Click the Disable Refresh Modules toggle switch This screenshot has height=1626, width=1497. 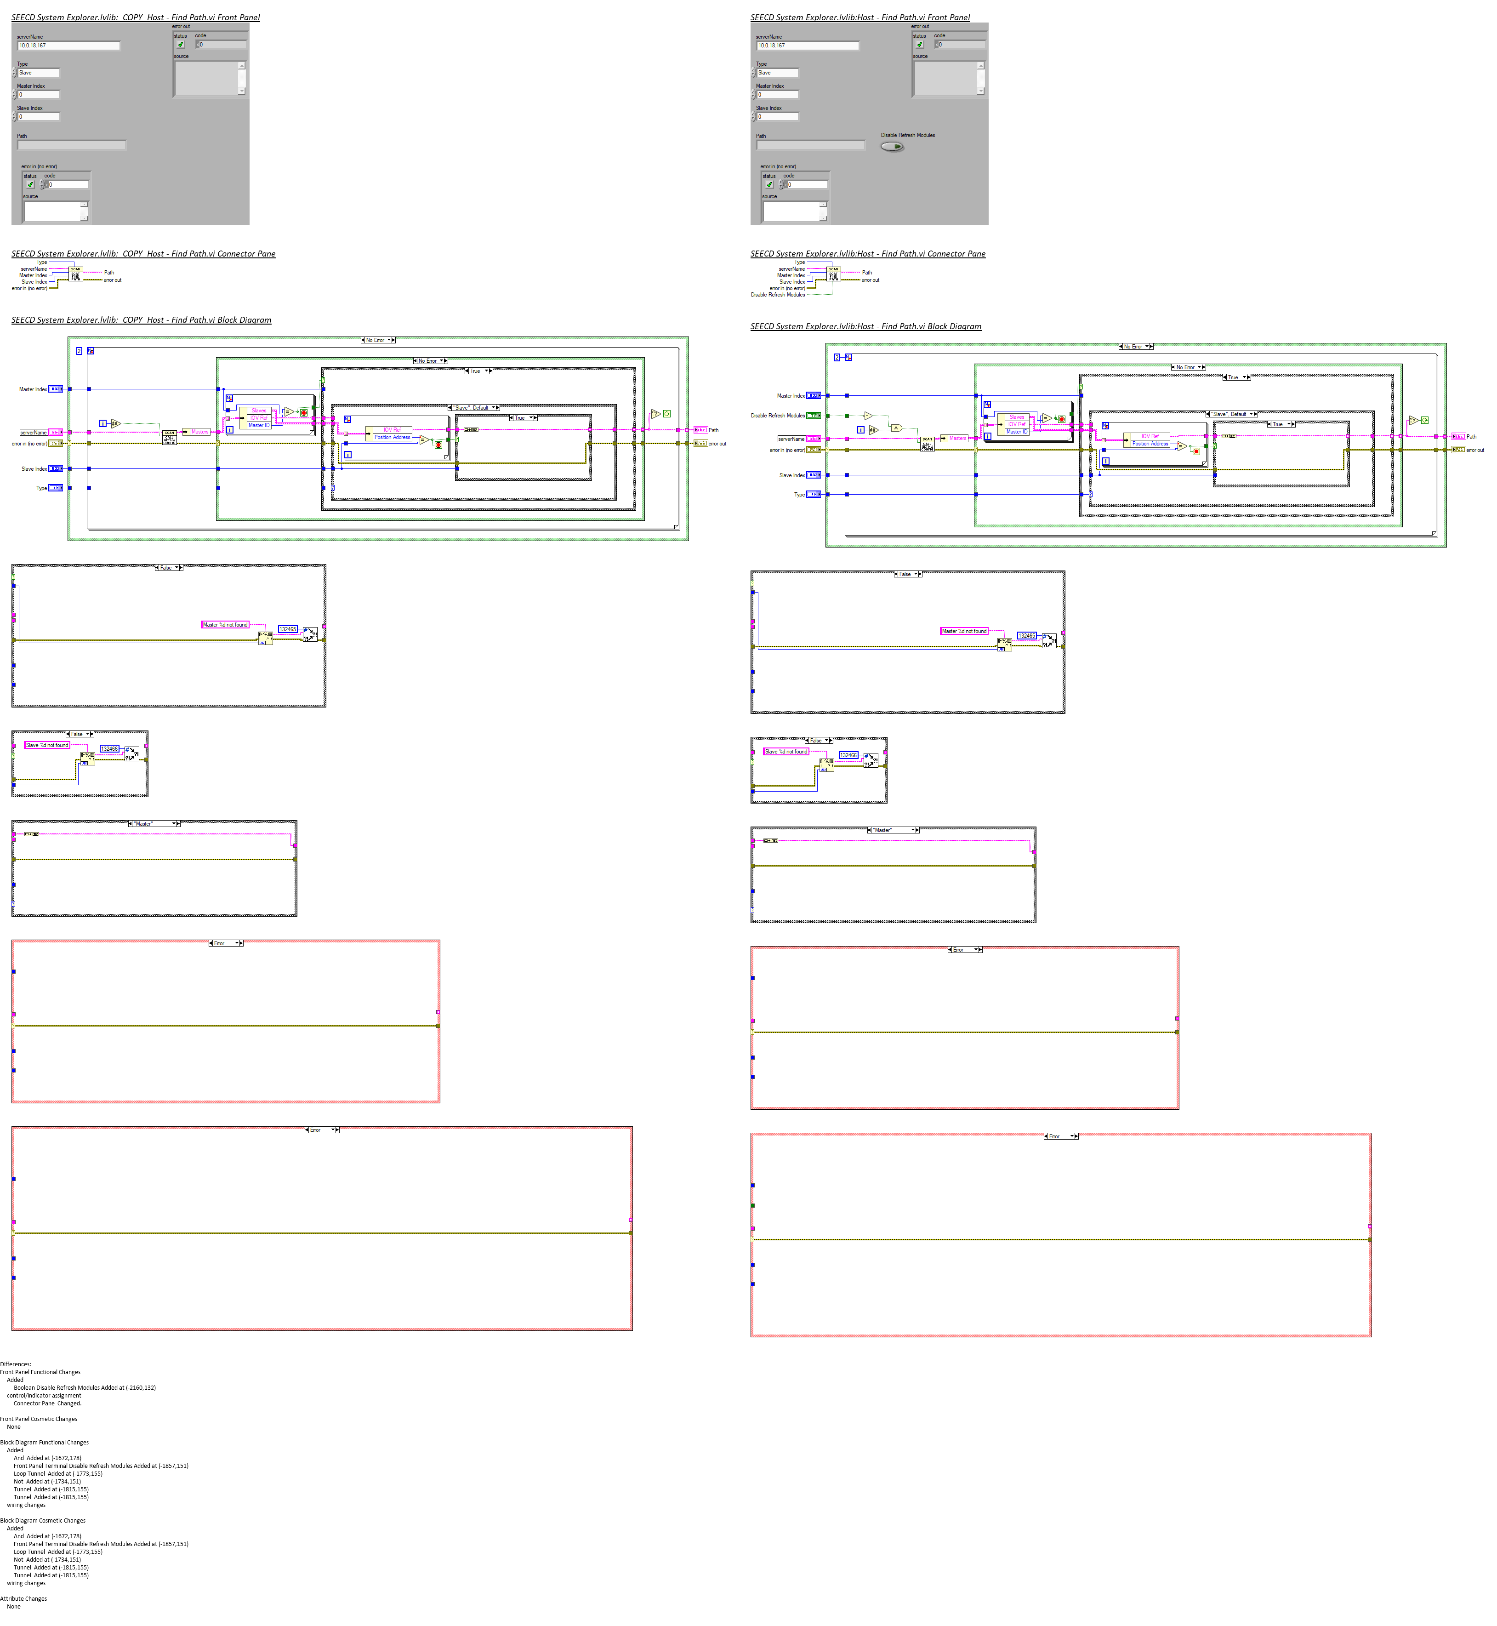coord(891,147)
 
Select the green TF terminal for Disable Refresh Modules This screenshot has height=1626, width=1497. coord(813,416)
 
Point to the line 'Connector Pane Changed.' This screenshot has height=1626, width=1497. coord(47,1403)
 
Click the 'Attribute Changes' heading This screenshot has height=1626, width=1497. coord(23,1598)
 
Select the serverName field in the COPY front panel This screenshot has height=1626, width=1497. coord(69,46)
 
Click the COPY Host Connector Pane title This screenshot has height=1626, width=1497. coord(142,254)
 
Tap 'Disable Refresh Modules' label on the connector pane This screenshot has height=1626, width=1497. coord(778,295)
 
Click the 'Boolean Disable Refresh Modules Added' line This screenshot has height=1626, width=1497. coord(84,1388)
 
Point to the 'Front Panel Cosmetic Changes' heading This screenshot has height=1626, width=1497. coord(39,1419)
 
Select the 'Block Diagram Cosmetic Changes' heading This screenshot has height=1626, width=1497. coord(43,1521)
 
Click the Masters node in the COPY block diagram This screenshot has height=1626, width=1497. coord(199,432)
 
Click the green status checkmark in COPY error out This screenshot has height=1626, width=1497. coord(181,45)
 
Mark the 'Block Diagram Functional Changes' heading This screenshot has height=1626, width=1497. coord(45,1442)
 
